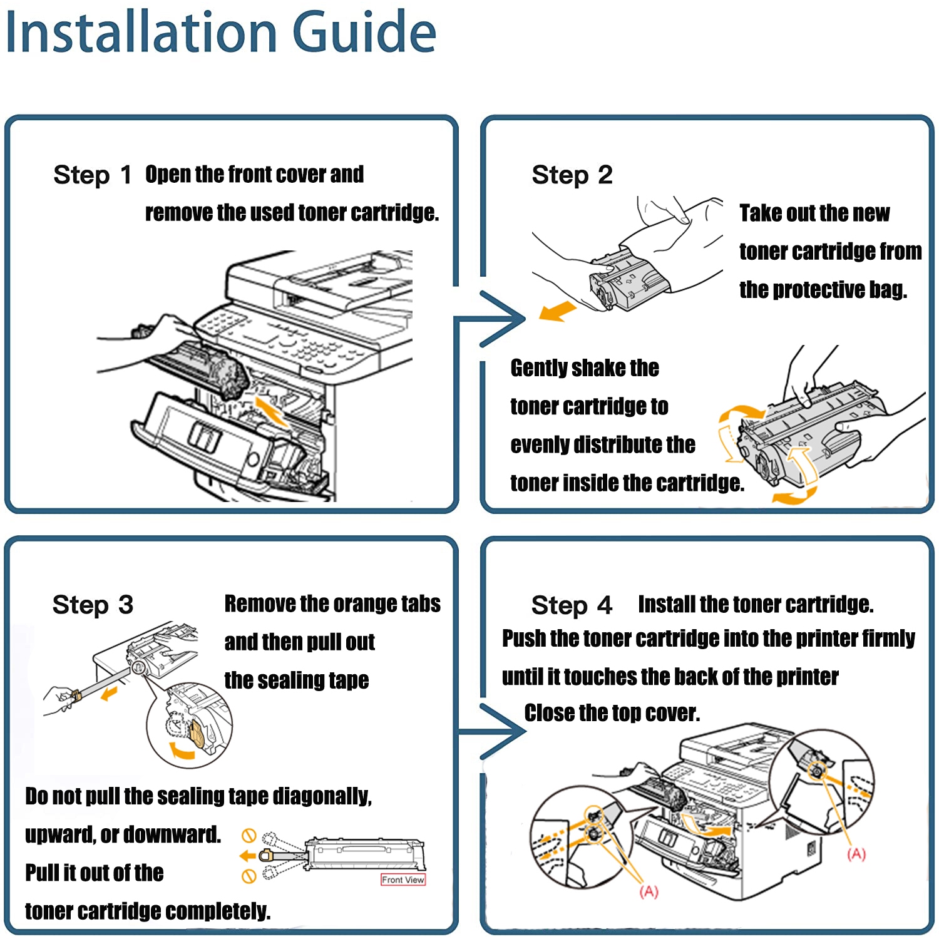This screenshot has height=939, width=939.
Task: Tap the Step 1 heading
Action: [x=92, y=175]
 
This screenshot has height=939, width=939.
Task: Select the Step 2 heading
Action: [x=572, y=175]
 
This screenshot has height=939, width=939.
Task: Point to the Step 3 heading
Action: [x=93, y=605]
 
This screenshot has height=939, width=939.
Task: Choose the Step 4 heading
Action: [x=571, y=605]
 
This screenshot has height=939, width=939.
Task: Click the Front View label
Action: [x=403, y=880]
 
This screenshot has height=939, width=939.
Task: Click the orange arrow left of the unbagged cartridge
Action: [x=557, y=311]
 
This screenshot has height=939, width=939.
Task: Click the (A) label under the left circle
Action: [x=649, y=891]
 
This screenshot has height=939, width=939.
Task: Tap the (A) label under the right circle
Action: [x=856, y=854]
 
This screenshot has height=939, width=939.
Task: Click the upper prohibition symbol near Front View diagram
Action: [x=249, y=835]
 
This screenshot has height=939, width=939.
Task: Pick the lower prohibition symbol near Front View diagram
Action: [x=249, y=876]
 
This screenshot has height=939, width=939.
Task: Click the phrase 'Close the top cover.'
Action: [x=612, y=713]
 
